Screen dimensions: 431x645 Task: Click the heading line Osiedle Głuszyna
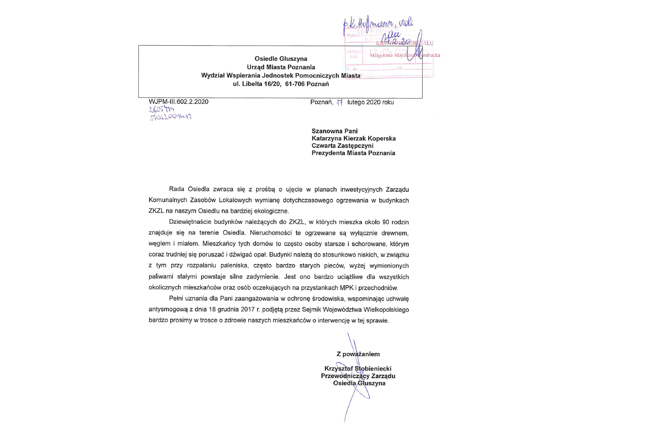281,59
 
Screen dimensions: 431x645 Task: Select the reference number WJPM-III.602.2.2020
179,102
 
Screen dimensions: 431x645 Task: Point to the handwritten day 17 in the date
339,102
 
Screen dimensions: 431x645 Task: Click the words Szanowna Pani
334,131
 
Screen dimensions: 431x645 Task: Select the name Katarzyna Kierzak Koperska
353,139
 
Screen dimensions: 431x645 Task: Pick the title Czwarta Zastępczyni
342,146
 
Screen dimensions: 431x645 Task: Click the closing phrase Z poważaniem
358,354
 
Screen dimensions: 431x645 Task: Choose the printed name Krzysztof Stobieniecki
358,369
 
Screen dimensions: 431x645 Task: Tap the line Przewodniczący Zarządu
358,376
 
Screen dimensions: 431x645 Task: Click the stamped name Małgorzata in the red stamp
381,55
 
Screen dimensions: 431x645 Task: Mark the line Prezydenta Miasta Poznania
353,153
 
